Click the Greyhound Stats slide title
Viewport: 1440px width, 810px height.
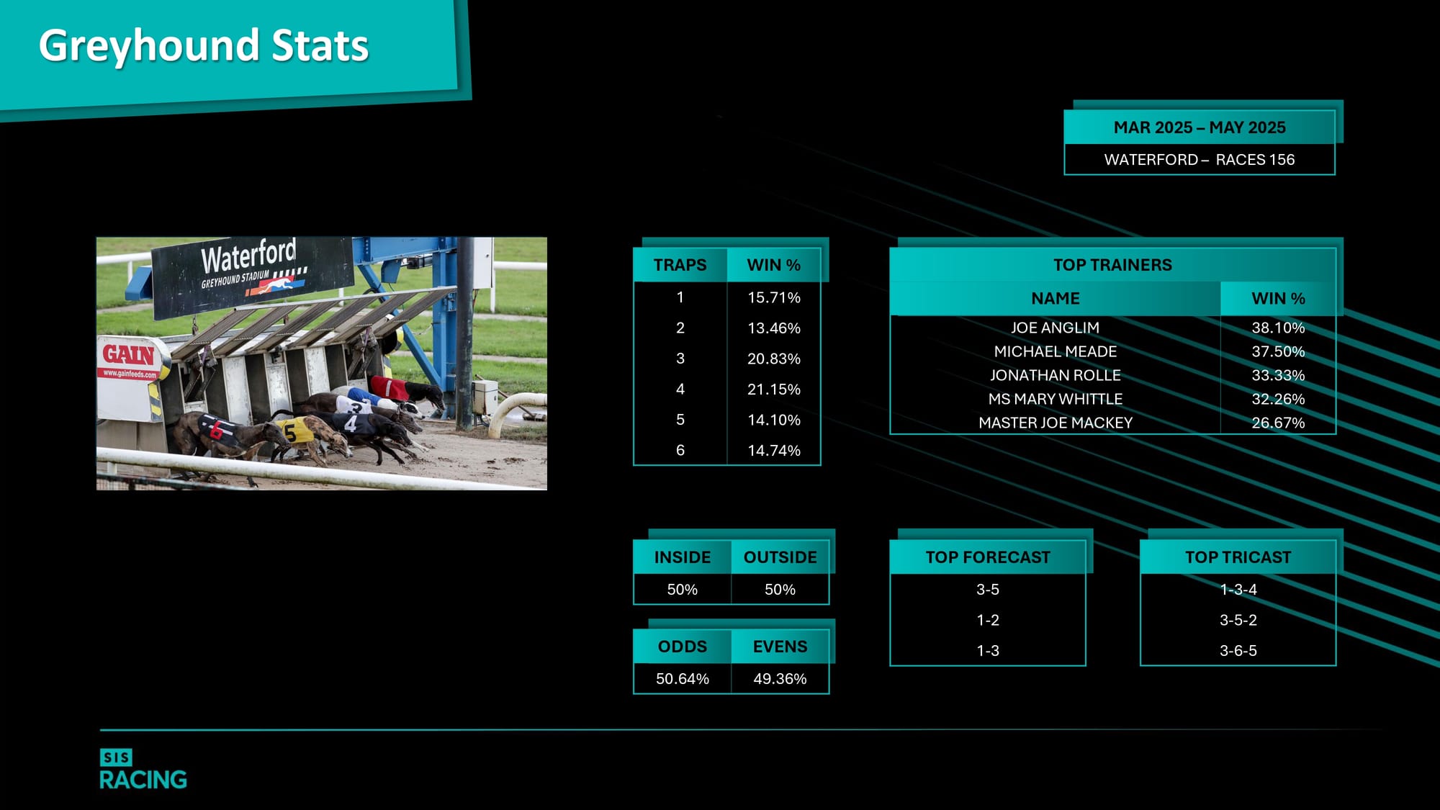point(204,45)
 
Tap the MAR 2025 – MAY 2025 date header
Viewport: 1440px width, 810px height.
point(1200,127)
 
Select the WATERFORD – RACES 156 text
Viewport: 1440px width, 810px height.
point(1200,160)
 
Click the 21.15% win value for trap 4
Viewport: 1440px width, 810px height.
point(774,390)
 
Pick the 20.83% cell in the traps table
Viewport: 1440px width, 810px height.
point(774,359)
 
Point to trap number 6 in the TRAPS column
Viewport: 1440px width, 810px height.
point(680,451)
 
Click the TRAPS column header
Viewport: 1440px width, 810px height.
point(680,265)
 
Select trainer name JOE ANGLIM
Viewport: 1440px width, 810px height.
point(1055,328)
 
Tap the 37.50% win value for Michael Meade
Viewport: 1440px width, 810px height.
point(1278,351)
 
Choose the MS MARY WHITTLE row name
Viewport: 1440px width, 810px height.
point(1055,399)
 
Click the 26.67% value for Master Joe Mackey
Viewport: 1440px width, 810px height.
point(1278,423)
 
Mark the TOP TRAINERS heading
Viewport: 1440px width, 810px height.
point(1112,265)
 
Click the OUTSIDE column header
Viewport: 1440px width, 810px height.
point(780,557)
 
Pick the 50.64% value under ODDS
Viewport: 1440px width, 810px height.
point(683,679)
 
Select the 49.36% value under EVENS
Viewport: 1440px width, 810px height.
point(780,679)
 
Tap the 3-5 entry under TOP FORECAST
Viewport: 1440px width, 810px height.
point(988,590)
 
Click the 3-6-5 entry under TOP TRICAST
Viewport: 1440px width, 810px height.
point(1238,651)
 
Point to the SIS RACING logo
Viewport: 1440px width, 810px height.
point(143,769)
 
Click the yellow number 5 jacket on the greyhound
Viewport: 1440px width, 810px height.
point(294,431)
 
